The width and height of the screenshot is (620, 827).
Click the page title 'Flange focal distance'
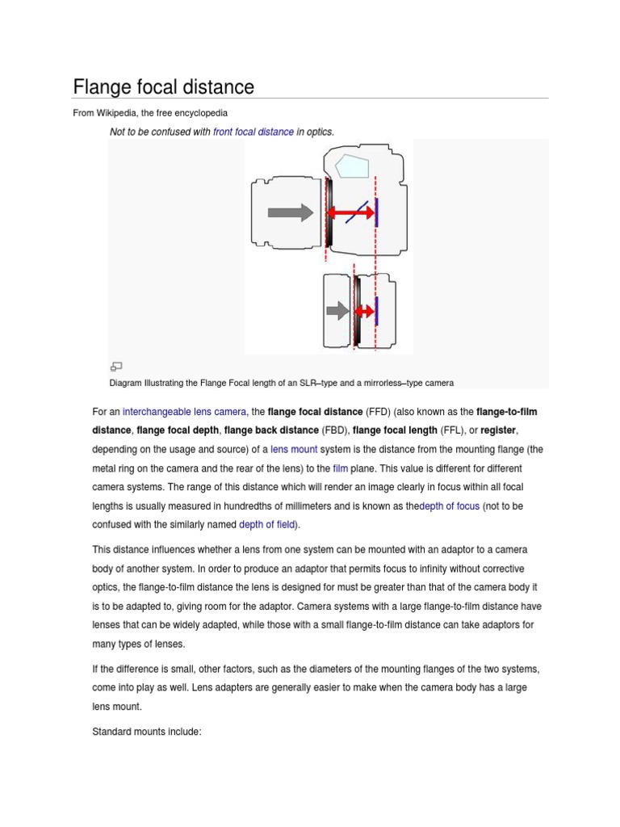(x=163, y=86)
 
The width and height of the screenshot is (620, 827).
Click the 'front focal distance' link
(x=253, y=132)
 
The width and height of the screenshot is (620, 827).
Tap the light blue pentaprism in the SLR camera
(x=352, y=166)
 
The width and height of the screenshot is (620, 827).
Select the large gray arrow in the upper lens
(x=290, y=212)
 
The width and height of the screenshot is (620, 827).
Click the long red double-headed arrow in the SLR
(x=350, y=212)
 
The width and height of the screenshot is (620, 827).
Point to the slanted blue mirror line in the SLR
(x=357, y=212)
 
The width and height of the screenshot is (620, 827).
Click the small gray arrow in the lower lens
(x=337, y=310)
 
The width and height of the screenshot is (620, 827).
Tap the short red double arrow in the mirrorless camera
(x=365, y=310)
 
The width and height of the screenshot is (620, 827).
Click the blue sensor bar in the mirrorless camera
(x=377, y=310)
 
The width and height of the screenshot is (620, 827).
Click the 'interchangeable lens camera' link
(x=185, y=412)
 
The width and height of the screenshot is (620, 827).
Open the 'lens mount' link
(x=294, y=450)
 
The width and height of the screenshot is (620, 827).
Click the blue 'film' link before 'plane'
(x=340, y=468)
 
